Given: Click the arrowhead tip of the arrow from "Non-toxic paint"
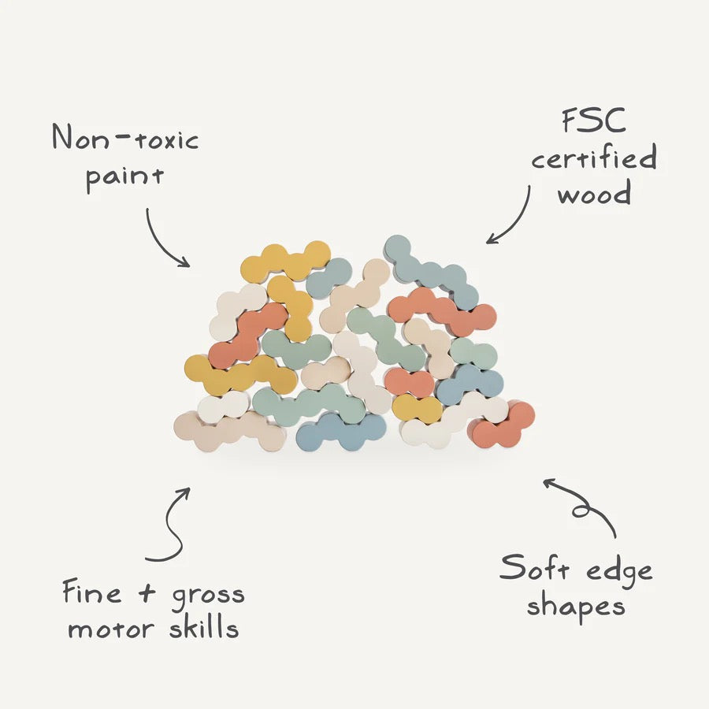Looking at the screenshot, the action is tap(189, 266).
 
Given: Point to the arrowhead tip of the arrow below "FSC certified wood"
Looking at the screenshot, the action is tap(487, 243).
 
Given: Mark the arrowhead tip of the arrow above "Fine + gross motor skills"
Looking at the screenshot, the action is tap(189, 488).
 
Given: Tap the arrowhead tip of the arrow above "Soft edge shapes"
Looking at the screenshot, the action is tap(544, 480).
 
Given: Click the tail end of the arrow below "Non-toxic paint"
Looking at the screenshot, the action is tap(147, 209).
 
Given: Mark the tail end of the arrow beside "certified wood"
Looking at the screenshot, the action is tap(529, 185).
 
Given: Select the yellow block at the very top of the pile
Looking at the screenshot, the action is tap(285, 262).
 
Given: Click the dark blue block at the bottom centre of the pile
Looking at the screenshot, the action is tap(340, 432).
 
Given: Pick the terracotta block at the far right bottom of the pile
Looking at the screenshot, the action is tap(501, 425).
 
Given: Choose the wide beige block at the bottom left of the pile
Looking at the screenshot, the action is tap(230, 432).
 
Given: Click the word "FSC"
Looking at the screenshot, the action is tap(594, 121).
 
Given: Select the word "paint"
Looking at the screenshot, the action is tap(124, 178).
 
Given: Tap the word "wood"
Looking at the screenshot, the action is tap(594, 193).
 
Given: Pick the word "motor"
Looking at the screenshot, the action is tap(111, 629).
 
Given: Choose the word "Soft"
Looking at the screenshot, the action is tap(534, 567).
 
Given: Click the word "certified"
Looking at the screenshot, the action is tap(594, 157).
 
